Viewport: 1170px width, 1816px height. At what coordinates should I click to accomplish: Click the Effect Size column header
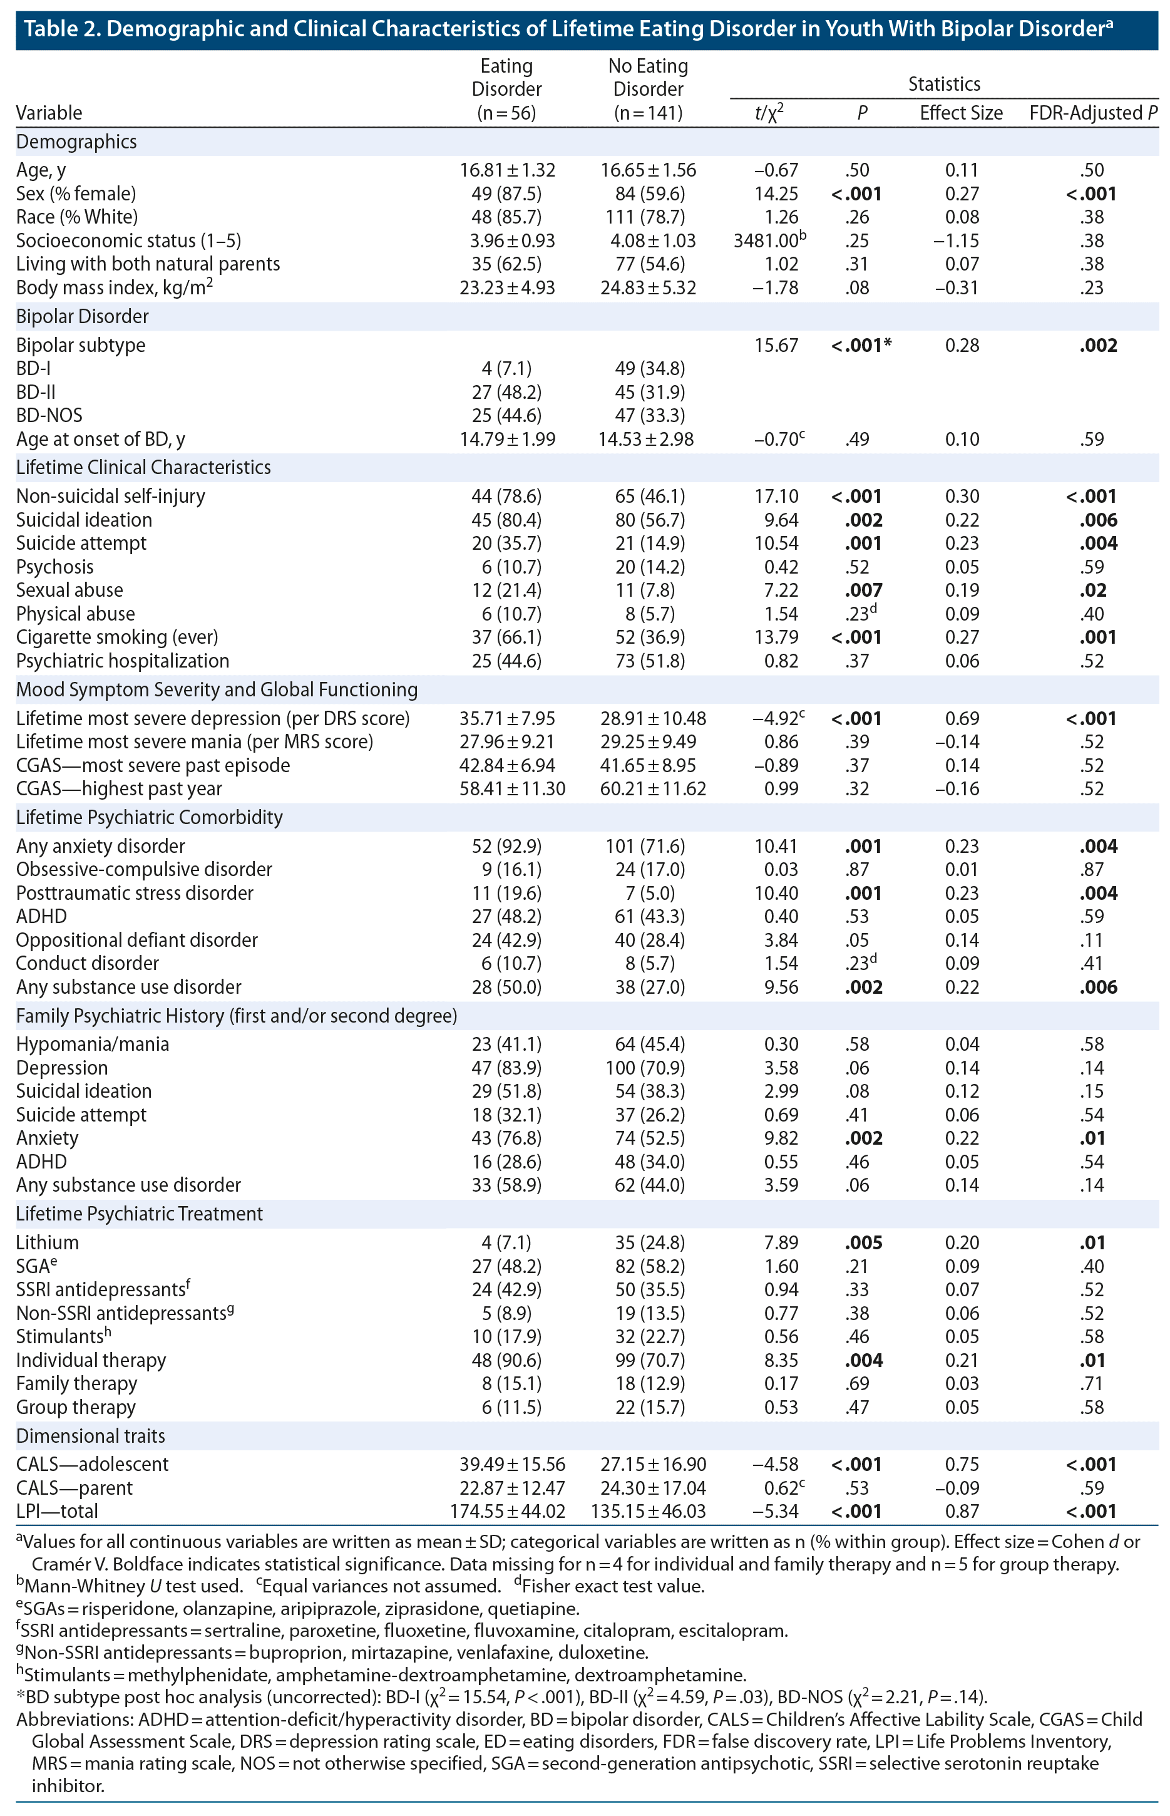tap(960, 113)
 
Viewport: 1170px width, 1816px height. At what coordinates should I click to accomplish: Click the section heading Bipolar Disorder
tap(82, 316)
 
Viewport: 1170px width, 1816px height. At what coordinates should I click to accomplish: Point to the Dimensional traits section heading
tap(90, 1435)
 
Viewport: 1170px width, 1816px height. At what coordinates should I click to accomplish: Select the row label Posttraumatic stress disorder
tap(135, 893)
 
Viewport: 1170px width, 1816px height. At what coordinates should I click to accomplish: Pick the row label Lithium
tap(47, 1242)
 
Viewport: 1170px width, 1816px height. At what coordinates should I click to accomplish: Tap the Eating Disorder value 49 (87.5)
tap(506, 193)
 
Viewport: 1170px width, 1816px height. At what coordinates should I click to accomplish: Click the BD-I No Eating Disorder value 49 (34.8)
tap(649, 368)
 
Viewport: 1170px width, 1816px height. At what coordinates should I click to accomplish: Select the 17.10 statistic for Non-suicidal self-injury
tap(776, 496)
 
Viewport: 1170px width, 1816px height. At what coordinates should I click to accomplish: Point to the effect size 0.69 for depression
tap(961, 718)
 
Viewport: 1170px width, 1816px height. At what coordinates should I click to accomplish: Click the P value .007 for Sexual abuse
tap(863, 591)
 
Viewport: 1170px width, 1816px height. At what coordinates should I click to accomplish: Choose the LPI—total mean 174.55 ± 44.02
tap(506, 1511)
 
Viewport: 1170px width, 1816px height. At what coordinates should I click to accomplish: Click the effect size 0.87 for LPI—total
tap(961, 1511)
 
